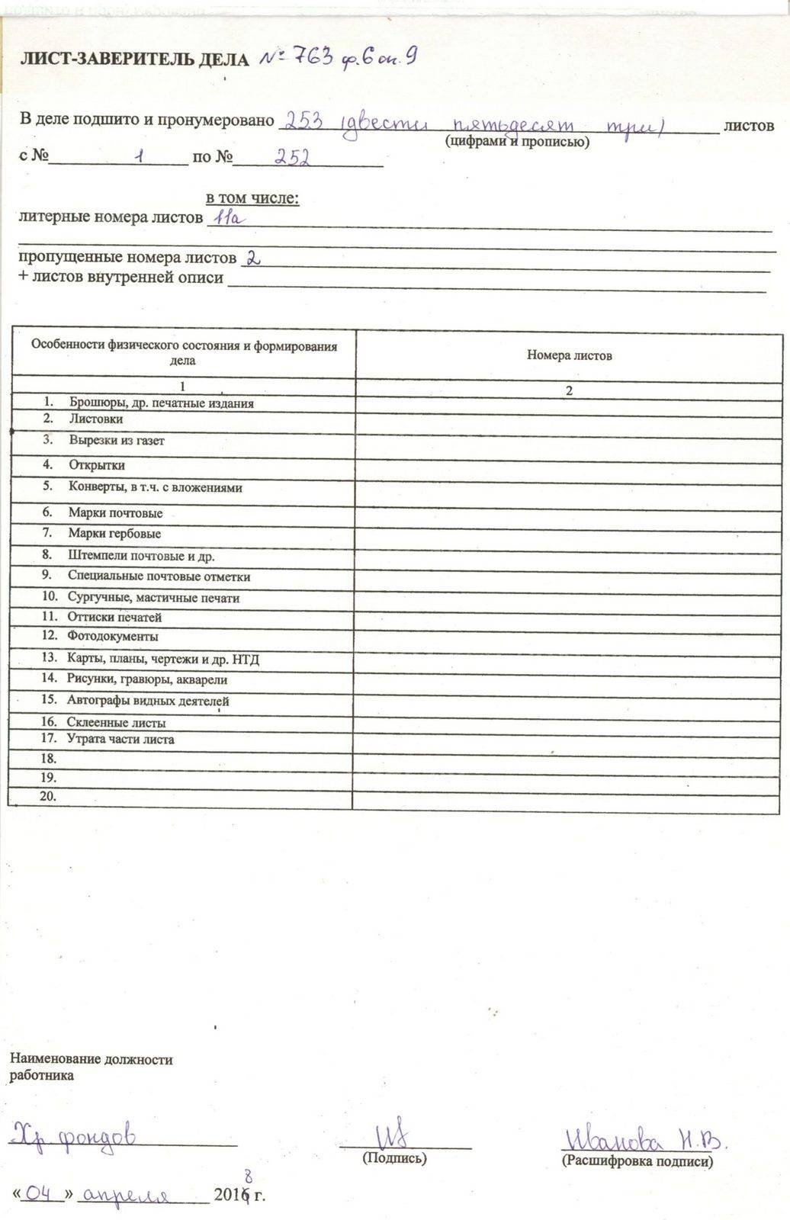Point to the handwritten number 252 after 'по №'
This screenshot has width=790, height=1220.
pos(291,157)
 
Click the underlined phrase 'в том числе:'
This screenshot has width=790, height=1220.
pos(252,198)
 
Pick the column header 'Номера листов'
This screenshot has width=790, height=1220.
pos(569,355)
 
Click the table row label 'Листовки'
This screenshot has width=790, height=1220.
pos(96,419)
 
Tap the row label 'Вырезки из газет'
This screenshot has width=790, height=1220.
pos(117,441)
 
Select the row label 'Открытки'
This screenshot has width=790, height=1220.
pos(97,465)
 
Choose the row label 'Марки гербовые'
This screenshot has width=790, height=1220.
pos(114,534)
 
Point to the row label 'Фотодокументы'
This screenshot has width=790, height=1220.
pos(113,636)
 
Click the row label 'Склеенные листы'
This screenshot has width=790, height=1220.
pos(116,723)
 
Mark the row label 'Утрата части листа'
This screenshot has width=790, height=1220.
pos(120,739)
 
